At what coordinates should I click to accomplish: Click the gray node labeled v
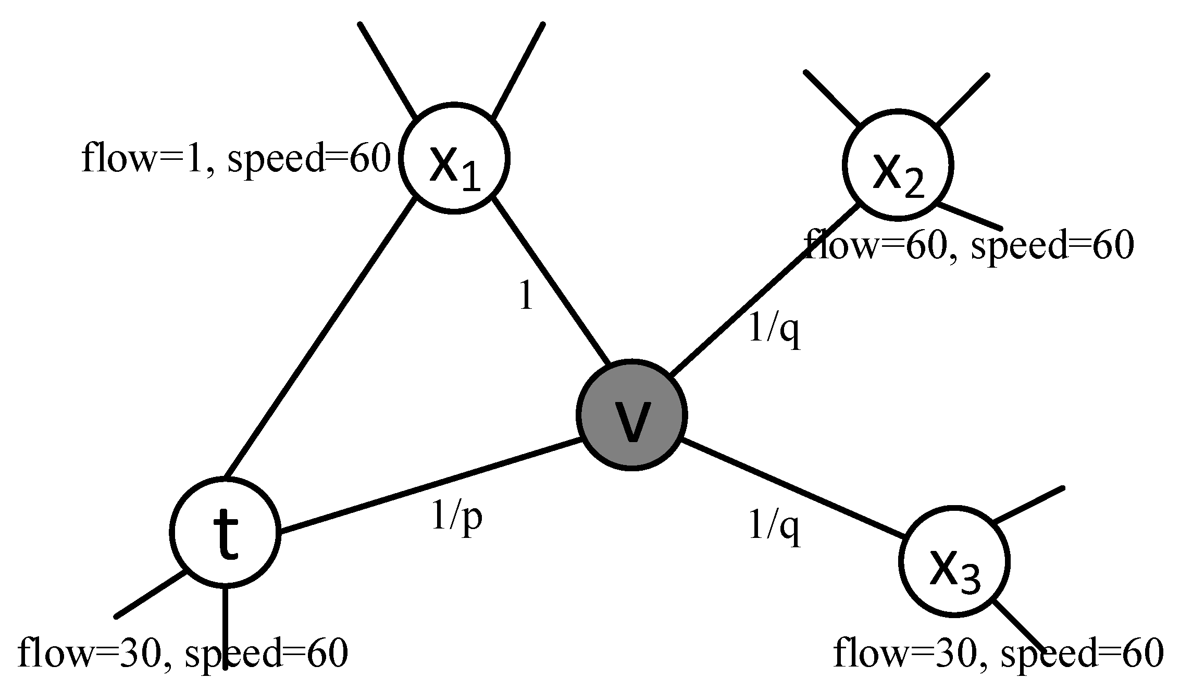[x=631, y=414]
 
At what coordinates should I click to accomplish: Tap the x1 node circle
[x=454, y=158]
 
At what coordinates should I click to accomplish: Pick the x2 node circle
[x=898, y=164]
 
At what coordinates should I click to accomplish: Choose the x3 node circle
[x=954, y=561]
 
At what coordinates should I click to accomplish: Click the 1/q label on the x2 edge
[x=774, y=331]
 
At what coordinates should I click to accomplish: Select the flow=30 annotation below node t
[x=182, y=653]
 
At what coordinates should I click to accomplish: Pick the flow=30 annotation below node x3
[x=998, y=653]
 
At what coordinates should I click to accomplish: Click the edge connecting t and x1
[x=319, y=338]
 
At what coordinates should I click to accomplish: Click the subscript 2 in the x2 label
[x=914, y=186]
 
